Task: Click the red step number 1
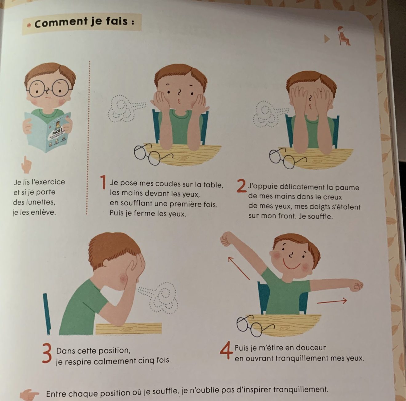pos(103,182)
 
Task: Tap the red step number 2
pos(241,186)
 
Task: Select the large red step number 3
pos(47,353)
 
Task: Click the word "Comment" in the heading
pos(61,22)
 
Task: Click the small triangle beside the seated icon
pos(327,39)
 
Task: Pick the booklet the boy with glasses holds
pos(48,132)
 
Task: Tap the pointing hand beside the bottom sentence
pos(29,394)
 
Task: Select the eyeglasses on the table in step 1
pos(153,154)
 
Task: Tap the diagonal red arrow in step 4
pos(239,268)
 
